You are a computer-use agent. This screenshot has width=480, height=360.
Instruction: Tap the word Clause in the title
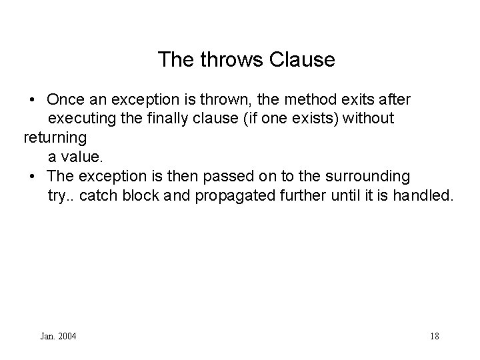[x=303, y=60]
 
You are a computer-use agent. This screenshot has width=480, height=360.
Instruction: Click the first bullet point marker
[x=33, y=101]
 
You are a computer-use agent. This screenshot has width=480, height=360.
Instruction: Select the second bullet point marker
[x=33, y=177]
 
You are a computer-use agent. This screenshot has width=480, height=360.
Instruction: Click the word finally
[x=171, y=119]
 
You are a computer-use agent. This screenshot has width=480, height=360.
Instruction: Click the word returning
[x=55, y=139]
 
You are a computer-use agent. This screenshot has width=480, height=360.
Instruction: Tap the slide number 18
[x=435, y=336]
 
